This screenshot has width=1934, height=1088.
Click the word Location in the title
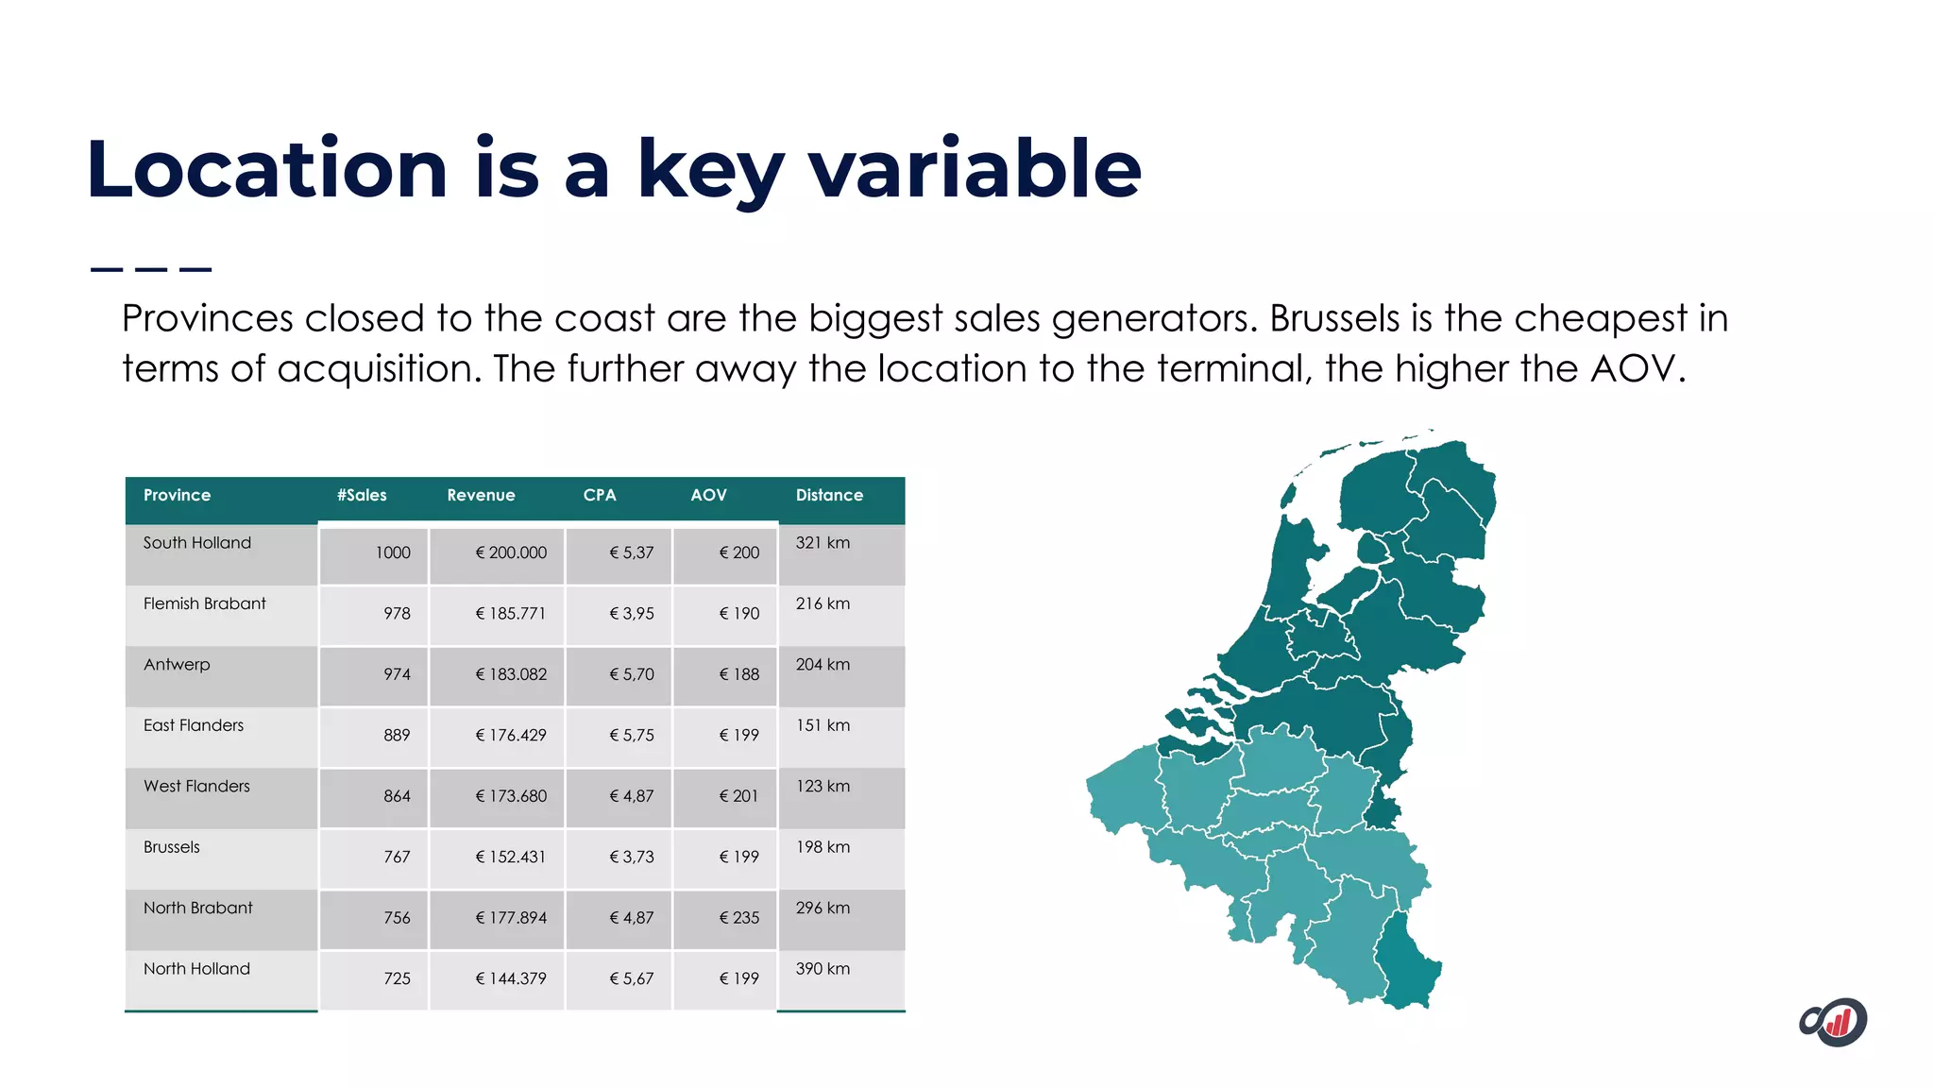point(266,170)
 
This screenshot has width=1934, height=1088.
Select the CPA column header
point(599,495)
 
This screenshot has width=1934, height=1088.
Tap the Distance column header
point(829,495)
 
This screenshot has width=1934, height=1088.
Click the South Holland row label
point(197,543)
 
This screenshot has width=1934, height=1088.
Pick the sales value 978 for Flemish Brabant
point(397,614)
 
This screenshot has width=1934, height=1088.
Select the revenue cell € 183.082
point(511,674)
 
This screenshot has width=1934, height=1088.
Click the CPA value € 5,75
point(631,736)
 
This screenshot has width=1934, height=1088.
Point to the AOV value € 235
point(738,918)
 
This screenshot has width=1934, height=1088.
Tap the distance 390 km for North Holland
point(823,969)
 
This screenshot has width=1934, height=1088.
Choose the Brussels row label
point(172,847)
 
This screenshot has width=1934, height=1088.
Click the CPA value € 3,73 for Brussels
point(631,858)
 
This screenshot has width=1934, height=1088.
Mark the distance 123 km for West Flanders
point(823,787)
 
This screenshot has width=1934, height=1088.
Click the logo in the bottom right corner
point(1833,1022)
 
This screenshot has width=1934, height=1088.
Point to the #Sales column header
point(362,495)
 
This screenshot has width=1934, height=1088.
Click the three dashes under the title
point(151,270)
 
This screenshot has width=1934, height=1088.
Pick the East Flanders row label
point(194,725)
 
